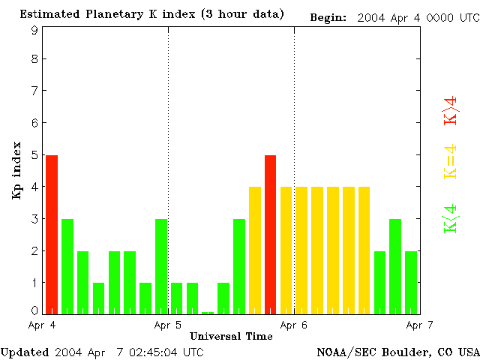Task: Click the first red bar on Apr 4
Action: (52, 234)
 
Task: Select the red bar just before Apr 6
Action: (271, 234)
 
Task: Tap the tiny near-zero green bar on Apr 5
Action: (208, 312)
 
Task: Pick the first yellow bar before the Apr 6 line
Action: (255, 250)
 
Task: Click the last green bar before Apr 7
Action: (411, 282)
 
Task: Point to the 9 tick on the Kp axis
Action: (34, 30)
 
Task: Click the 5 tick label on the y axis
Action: (34, 155)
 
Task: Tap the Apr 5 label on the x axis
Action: (168, 325)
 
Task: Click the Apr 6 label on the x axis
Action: (294, 325)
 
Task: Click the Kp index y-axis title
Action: (16, 170)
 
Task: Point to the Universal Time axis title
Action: (231, 336)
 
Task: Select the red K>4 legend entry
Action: (451, 111)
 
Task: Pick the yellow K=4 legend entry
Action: (451, 161)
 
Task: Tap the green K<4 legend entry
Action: (451, 219)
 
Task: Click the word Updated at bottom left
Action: (24, 351)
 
